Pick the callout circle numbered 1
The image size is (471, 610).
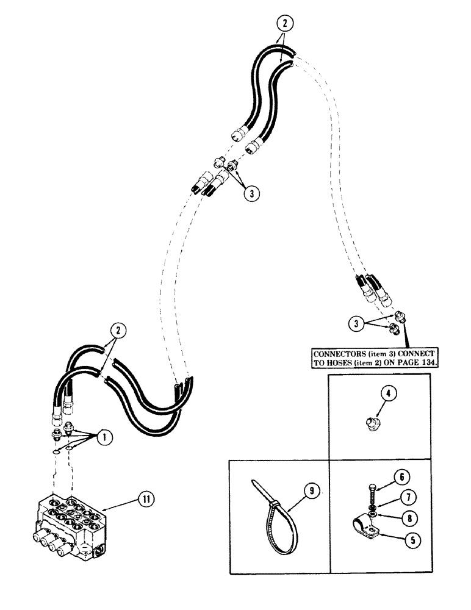pyautogui.click(x=106, y=437)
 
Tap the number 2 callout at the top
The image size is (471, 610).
pyautogui.click(x=283, y=23)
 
